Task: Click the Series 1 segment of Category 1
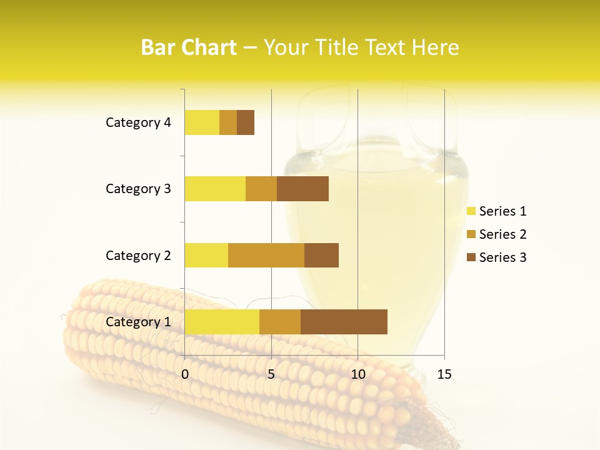click(x=222, y=322)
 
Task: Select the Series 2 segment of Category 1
click(x=280, y=322)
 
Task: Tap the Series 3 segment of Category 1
click(x=344, y=322)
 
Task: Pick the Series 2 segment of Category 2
click(x=266, y=255)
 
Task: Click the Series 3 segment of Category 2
click(x=321, y=255)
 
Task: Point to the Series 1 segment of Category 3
click(x=215, y=189)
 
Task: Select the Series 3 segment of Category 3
click(x=302, y=189)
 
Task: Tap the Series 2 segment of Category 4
click(x=228, y=122)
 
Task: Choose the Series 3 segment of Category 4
click(x=246, y=122)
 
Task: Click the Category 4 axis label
click(x=138, y=122)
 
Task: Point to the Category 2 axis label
click(x=138, y=255)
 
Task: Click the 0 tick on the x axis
click(x=185, y=374)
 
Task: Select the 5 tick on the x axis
click(x=271, y=374)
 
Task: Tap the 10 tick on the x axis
click(x=357, y=374)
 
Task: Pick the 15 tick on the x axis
click(x=444, y=374)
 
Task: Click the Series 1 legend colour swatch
click(x=471, y=211)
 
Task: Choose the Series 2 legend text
click(x=502, y=234)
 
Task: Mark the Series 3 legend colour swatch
click(x=471, y=257)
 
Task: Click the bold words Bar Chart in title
click(x=189, y=47)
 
